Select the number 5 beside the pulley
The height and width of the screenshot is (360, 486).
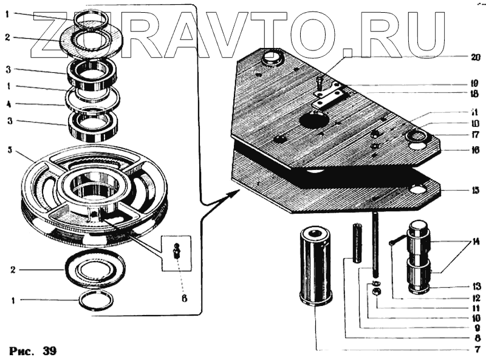pos(9,149)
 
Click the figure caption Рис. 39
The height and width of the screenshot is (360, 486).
pos(33,351)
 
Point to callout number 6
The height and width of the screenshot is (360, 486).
pos(183,298)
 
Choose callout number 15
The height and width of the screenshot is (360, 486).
pos(475,190)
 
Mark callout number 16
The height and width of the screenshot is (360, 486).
pos(475,149)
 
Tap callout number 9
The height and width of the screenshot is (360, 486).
pos(476,328)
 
